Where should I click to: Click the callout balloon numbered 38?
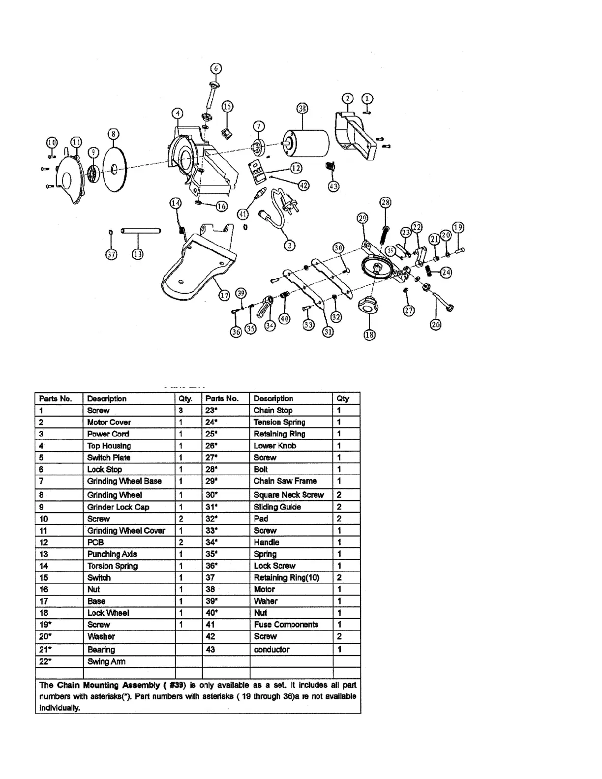tap(302, 108)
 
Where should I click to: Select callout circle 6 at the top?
tap(216, 69)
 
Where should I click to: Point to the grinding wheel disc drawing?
tap(114, 170)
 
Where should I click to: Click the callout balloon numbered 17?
tap(224, 295)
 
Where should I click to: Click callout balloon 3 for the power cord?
tap(290, 245)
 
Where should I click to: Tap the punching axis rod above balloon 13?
tap(141, 231)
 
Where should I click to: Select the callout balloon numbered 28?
tap(386, 202)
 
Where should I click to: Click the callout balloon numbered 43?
tap(333, 186)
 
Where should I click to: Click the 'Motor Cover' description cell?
tap(109, 422)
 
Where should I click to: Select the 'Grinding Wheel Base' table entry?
tap(124, 481)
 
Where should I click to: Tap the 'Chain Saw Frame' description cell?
tap(285, 481)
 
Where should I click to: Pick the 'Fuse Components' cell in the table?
tap(286, 625)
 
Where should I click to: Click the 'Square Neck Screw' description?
tap(289, 495)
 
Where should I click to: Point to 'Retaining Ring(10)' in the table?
tap(287, 577)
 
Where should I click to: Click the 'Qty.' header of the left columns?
tap(185, 399)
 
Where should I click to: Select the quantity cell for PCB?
tap(181, 542)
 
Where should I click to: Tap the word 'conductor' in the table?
tap(271, 650)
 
